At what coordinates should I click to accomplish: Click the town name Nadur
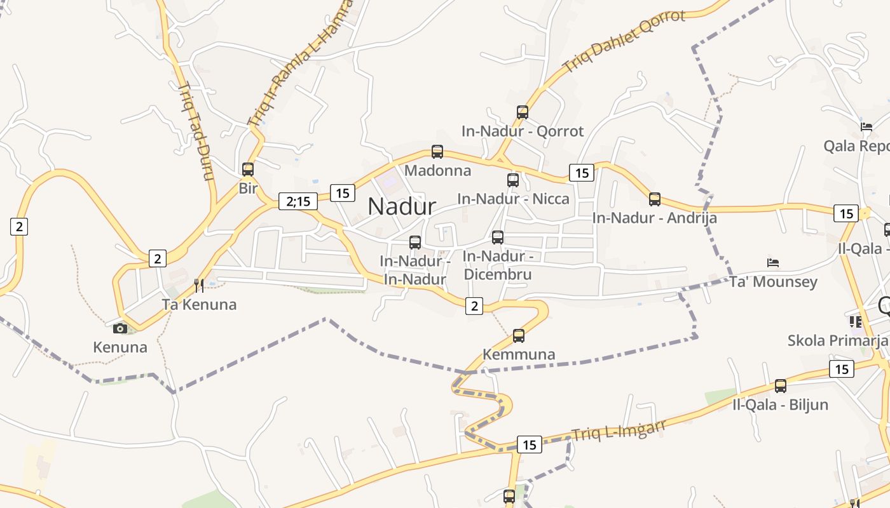402,206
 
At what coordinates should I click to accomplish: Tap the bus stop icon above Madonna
437,152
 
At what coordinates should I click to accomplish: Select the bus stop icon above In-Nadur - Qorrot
523,112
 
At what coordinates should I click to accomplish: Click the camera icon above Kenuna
120,328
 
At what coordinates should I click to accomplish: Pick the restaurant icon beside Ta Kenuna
199,286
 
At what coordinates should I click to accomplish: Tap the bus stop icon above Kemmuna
519,335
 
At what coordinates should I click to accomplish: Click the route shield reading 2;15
298,202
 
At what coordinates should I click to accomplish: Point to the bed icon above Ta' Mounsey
773,262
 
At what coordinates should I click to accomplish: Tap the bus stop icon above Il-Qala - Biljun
781,385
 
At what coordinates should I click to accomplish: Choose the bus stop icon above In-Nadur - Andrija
655,199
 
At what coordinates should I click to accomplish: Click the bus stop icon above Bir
248,170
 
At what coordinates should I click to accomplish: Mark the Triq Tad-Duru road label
195,131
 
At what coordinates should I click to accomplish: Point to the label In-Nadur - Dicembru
498,265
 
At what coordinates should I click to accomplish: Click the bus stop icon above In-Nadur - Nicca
513,180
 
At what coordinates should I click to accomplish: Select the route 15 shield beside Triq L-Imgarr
530,445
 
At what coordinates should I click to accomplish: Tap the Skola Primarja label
837,340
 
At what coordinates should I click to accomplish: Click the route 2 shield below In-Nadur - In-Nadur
474,306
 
